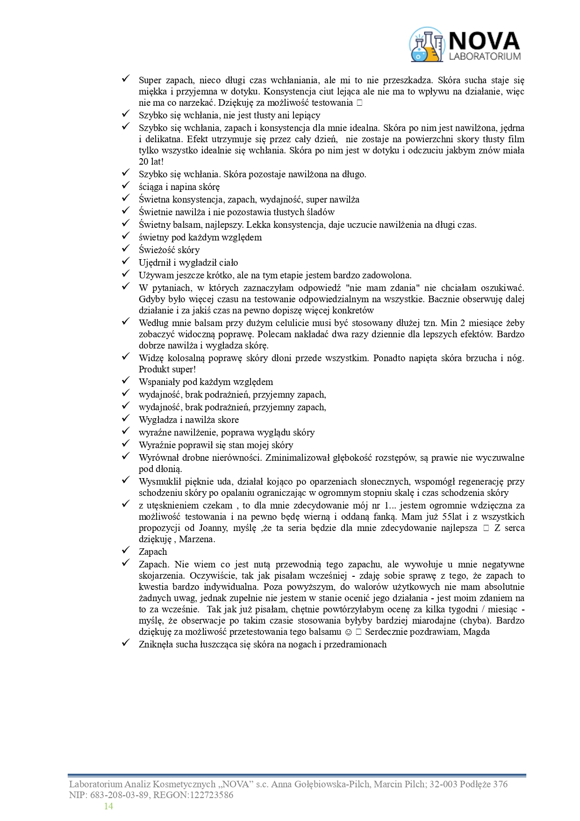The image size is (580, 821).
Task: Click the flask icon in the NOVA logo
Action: [426, 45]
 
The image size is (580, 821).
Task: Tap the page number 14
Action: [108, 806]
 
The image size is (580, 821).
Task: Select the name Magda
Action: [477, 632]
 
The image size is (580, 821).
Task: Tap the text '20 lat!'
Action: [151, 162]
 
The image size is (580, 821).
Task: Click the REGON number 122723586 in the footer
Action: [210, 795]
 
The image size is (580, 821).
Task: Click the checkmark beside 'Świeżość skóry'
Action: [125, 249]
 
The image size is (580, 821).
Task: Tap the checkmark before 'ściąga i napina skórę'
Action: [125, 186]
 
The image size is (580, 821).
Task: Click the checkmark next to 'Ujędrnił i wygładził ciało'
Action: [125, 262]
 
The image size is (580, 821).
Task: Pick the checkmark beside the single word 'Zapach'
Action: [125, 551]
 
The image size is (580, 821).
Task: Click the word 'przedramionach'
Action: [355, 645]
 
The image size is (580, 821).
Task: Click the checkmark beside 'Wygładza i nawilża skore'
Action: [125, 419]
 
